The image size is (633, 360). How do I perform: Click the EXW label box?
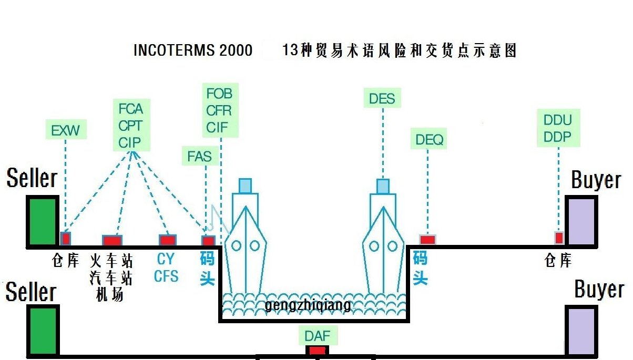click(x=65, y=130)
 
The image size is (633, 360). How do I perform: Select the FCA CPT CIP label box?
click(x=131, y=126)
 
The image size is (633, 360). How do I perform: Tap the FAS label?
click(x=199, y=156)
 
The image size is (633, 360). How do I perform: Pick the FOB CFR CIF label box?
click(x=219, y=110)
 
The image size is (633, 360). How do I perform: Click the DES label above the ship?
click(x=382, y=98)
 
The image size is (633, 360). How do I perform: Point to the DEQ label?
click(x=429, y=140)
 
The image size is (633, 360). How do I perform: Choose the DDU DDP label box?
click(x=558, y=129)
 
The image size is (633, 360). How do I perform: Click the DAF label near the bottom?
click(x=318, y=335)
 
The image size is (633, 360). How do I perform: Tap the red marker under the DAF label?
click(x=317, y=351)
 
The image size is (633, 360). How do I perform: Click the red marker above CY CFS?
click(x=167, y=240)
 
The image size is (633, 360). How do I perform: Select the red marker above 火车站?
click(x=112, y=240)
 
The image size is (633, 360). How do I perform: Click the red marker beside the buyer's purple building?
click(x=559, y=238)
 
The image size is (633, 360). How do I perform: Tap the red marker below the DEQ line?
click(x=427, y=240)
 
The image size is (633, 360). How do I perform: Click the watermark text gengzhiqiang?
click(x=308, y=305)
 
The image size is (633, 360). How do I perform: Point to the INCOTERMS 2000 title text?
click(x=192, y=50)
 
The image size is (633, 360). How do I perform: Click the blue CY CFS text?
click(x=166, y=267)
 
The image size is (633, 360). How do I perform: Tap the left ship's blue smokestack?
click(x=245, y=186)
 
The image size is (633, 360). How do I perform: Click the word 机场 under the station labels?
click(x=110, y=295)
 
